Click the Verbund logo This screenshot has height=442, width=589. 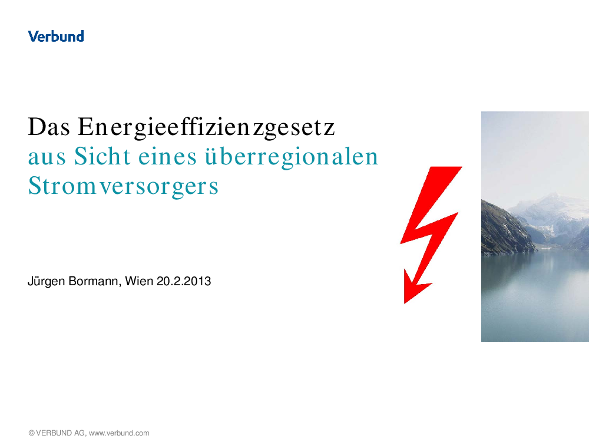pos(56,36)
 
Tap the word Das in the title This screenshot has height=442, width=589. pos(49,127)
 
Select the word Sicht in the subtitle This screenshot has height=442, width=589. pos(102,156)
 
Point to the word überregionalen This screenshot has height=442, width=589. pos(291,157)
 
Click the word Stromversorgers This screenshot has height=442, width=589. pos(123,186)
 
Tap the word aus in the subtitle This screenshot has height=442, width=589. pos(47,158)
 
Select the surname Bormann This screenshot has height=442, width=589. pos(95,282)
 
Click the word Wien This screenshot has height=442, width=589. pos(139,281)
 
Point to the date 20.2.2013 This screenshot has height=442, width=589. pos(184,281)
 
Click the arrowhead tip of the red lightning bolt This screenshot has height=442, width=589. pos(405,303)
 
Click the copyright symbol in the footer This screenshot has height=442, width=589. pos(32,433)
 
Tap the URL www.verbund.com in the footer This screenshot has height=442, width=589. pos(119,433)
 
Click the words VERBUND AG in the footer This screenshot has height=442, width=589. pos(61,433)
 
